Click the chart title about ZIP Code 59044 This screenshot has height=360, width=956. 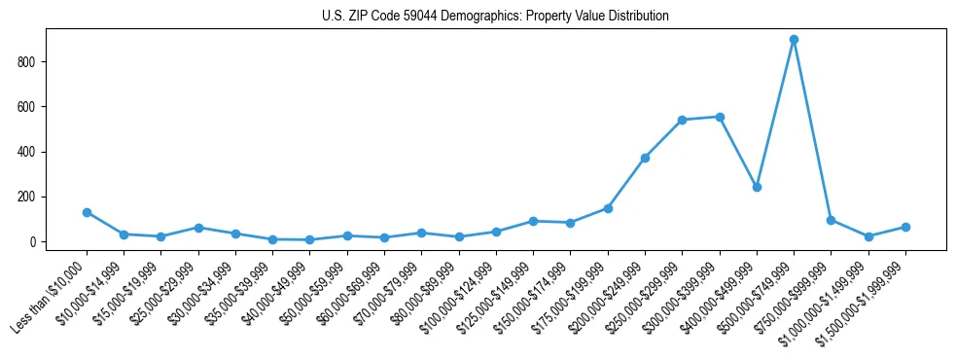pyautogui.click(x=495, y=17)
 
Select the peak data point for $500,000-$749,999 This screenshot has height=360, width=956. pyautogui.click(x=794, y=40)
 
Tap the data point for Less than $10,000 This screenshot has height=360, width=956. pyautogui.click(x=87, y=212)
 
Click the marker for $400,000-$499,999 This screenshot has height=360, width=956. pyautogui.click(x=757, y=187)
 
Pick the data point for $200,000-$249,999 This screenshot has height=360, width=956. pyautogui.click(x=645, y=158)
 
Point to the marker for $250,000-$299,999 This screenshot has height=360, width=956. pyautogui.click(x=682, y=120)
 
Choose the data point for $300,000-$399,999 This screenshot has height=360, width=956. pyautogui.click(x=720, y=117)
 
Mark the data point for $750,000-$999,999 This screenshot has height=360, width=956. pyautogui.click(x=831, y=220)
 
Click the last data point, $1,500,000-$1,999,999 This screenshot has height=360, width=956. pyautogui.click(x=905, y=227)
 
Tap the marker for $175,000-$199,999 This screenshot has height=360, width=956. pyautogui.click(x=608, y=208)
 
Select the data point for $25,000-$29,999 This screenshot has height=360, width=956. pyautogui.click(x=198, y=228)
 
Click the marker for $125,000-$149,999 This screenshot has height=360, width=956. pyautogui.click(x=533, y=221)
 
